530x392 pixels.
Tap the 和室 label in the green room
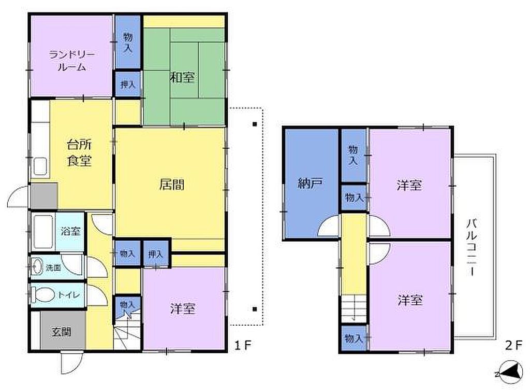[x=182, y=78]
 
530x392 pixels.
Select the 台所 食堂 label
[x=79, y=152]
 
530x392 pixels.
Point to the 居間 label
[x=172, y=185]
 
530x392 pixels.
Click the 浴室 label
[x=70, y=231]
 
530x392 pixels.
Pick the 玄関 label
[x=61, y=332]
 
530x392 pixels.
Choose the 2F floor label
[x=513, y=345]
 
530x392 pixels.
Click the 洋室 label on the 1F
[x=183, y=309]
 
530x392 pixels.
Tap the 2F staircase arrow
[x=354, y=309]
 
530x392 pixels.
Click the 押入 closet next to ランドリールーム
[x=128, y=85]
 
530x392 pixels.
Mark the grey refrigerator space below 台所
[x=44, y=196]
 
